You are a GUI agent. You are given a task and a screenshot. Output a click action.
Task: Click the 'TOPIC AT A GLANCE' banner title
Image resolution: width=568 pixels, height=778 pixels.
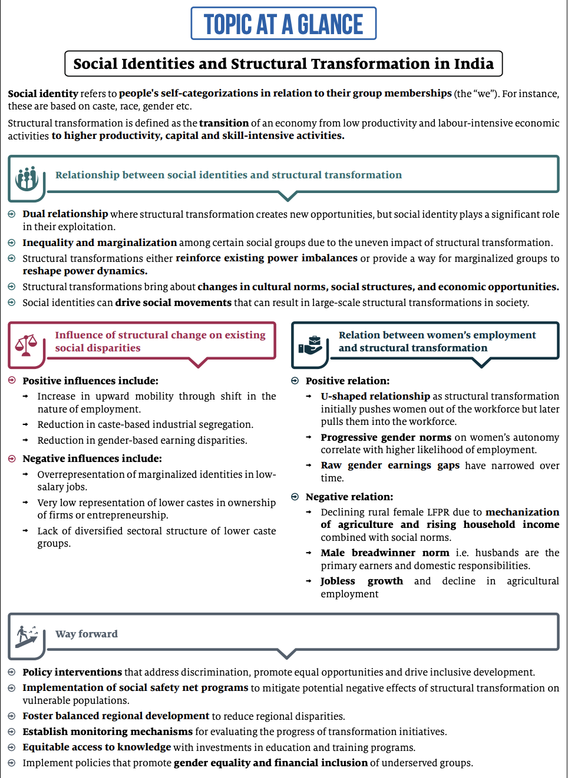[283, 24]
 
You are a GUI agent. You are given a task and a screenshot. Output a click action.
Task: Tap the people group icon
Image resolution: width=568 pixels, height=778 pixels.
[27, 178]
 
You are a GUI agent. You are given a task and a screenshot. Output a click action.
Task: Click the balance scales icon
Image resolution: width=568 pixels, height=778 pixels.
[26, 345]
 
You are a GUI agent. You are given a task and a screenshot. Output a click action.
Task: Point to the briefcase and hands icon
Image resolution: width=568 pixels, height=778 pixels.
[310, 345]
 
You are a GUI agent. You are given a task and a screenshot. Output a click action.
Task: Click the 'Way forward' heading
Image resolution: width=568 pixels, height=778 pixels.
[87, 634]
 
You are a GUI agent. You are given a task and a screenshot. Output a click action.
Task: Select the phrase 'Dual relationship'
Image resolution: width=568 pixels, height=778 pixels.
[65, 214]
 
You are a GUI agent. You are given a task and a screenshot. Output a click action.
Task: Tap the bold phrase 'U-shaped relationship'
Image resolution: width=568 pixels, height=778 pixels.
[375, 396]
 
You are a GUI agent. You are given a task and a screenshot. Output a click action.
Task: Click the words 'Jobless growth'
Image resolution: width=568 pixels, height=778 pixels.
[361, 581]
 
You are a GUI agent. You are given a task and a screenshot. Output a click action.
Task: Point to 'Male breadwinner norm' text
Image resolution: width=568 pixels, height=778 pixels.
[385, 553]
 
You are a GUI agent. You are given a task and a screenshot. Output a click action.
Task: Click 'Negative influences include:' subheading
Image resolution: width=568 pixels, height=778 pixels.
[92, 458]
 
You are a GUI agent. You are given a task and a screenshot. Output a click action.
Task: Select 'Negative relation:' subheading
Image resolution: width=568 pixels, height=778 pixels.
[349, 497]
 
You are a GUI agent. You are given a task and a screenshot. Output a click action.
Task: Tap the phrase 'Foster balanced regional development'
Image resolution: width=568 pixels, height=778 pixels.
[115, 716]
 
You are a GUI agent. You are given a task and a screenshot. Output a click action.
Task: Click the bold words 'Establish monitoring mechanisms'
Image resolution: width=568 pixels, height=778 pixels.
[107, 732]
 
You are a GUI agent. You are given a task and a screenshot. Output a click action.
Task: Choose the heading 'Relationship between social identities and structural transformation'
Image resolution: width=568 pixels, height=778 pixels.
[229, 175]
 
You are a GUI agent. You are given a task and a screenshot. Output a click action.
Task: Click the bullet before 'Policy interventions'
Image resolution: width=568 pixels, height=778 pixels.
[12, 672]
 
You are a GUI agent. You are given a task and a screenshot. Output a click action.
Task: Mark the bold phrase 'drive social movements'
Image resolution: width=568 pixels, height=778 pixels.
[173, 302]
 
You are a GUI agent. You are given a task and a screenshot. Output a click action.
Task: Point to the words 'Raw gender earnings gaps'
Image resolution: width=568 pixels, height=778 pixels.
[389, 466]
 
